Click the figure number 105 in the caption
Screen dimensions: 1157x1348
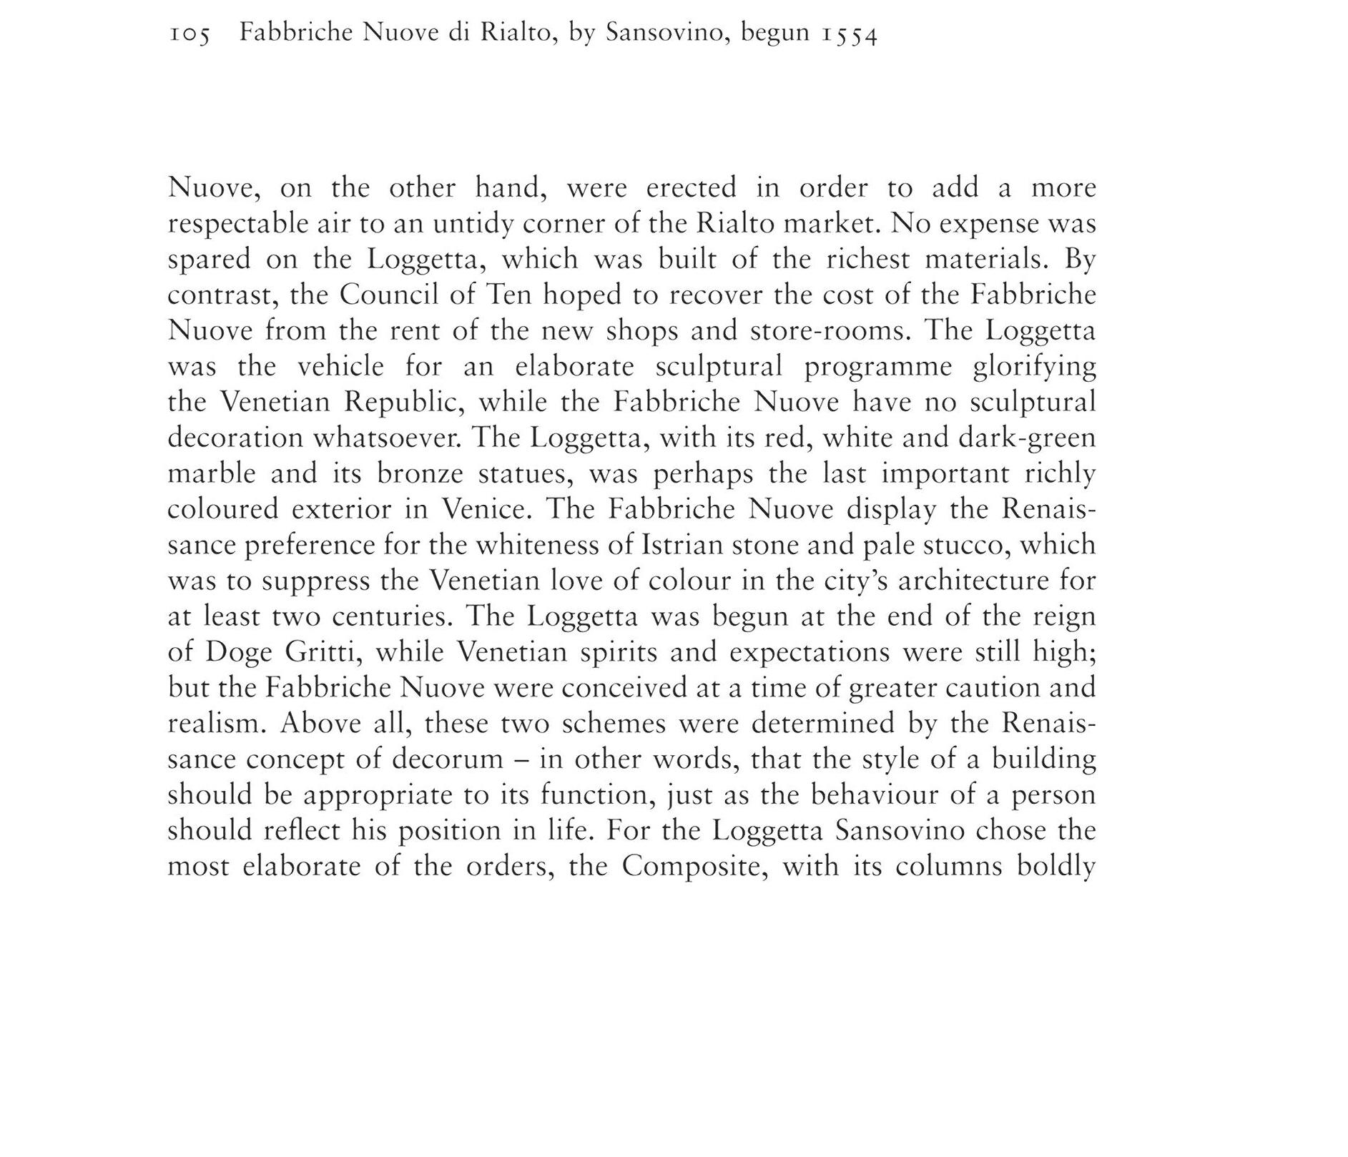(x=190, y=34)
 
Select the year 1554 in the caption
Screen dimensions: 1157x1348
(x=849, y=34)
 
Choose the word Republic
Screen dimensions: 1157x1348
(x=404, y=402)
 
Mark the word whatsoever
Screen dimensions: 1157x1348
(x=386, y=438)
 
